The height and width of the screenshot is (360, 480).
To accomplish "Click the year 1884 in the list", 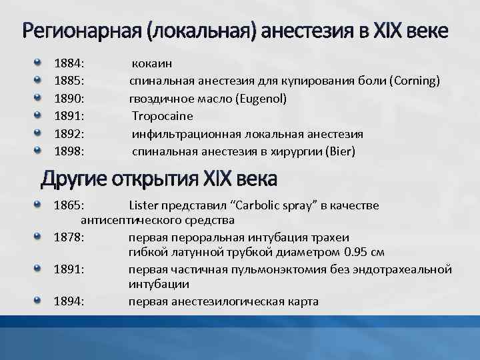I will tap(69, 63).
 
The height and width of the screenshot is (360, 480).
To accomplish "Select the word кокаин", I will tap(152, 63).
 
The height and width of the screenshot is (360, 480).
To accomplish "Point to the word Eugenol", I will tap(261, 99).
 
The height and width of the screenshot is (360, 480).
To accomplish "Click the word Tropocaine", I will tap(162, 116).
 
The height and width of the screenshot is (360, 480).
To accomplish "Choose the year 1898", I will tap(69, 151).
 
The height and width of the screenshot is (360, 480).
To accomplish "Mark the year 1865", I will tap(69, 205).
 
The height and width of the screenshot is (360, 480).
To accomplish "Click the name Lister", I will tap(144, 205).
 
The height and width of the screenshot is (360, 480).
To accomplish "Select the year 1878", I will tap(69, 237).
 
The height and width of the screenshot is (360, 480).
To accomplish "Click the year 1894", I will tap(69, 301).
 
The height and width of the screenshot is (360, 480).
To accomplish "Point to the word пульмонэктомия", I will tap(287, 269).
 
